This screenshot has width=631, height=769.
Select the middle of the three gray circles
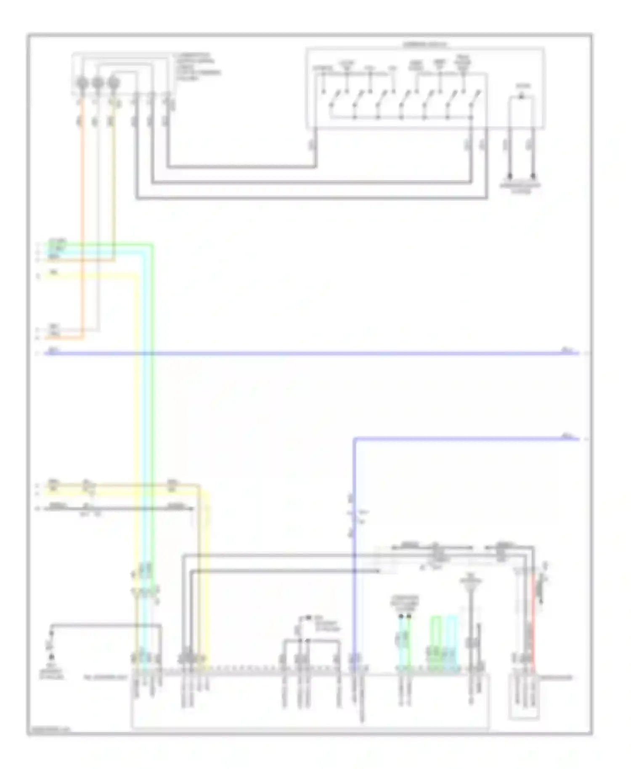97,82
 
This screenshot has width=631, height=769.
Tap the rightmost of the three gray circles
113,82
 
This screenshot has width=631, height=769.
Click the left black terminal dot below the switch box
509,175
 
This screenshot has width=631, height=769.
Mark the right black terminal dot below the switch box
533,175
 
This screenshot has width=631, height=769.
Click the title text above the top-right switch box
425,44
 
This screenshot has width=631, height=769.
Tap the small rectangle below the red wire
524,698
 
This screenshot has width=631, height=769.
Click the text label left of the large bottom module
105,678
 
